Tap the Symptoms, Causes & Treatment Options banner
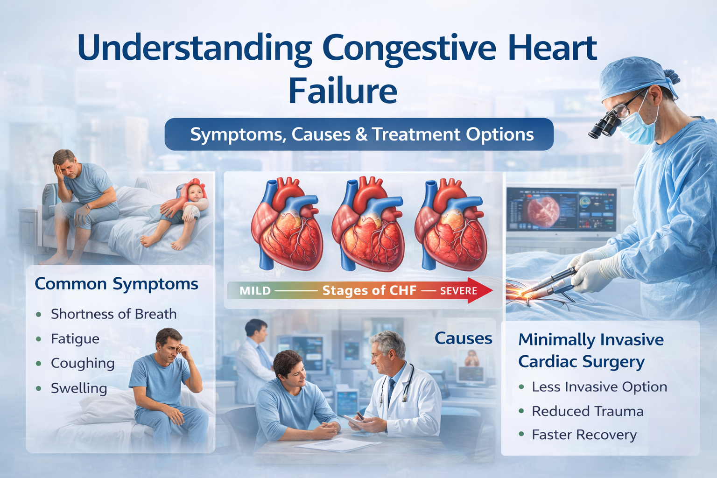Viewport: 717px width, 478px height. pyautogui.click(x=359, y=134)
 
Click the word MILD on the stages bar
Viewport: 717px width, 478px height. pyautogui.click(x=255, y=291)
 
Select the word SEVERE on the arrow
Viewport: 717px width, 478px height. pyautogui.click(x=458, y=291)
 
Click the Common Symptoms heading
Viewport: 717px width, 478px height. pyautogui.click(x=116, y=284)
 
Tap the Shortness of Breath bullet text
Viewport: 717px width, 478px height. pyautogui.click(x=113, y=314)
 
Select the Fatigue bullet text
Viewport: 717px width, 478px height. pyautogui.click(x=75, y=339)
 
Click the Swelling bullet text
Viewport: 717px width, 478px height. pyautogui.click(x=79, y=388)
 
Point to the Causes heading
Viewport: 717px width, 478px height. pyautogui.click(x=463, y=338)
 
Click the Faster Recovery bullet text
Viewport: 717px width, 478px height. pyautogui.click(x=584, y=435)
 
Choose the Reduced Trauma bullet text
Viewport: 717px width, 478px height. pyautogui.click(x=587, y=411)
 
